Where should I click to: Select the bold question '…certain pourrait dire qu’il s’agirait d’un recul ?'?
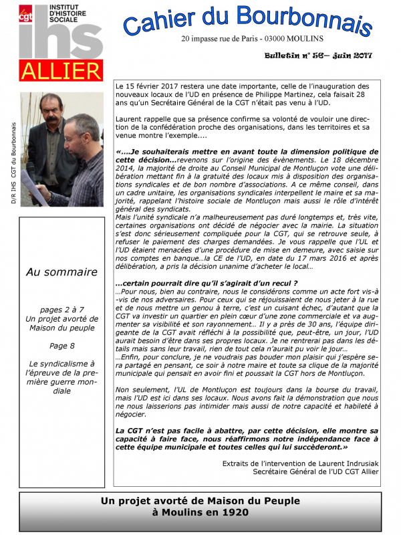[x=185, y=284]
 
